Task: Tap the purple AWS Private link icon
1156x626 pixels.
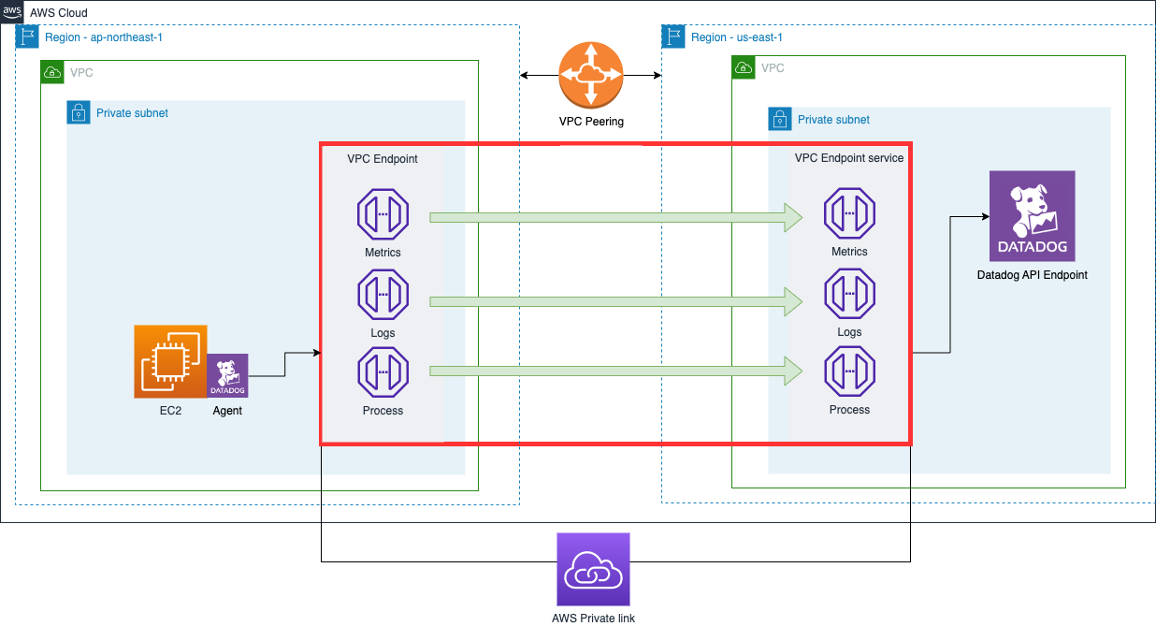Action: (x=593, y=570)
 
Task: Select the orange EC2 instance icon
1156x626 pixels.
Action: (x=170, y=361)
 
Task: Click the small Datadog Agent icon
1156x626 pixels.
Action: (x=227, y=376)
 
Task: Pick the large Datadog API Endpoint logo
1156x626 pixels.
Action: (x=1032, y=216)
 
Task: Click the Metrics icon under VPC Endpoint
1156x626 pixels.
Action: (x=383, y=214)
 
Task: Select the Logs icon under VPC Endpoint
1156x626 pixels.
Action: (x=383, y=295)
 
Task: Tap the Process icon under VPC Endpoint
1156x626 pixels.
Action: (x=383, y=372)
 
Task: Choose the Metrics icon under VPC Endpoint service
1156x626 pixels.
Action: (x=849, y=214)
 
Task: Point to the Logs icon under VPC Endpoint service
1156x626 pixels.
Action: (x=849, y=294)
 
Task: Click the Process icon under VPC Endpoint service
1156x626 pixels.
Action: (x=849, y=371)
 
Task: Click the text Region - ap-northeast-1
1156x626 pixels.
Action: (x=104, y=37)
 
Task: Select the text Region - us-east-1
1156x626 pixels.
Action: (x=736, y=37)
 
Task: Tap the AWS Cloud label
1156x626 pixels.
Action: (x=58, y=12)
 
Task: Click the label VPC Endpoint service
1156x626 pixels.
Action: (x=849, y=158)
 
